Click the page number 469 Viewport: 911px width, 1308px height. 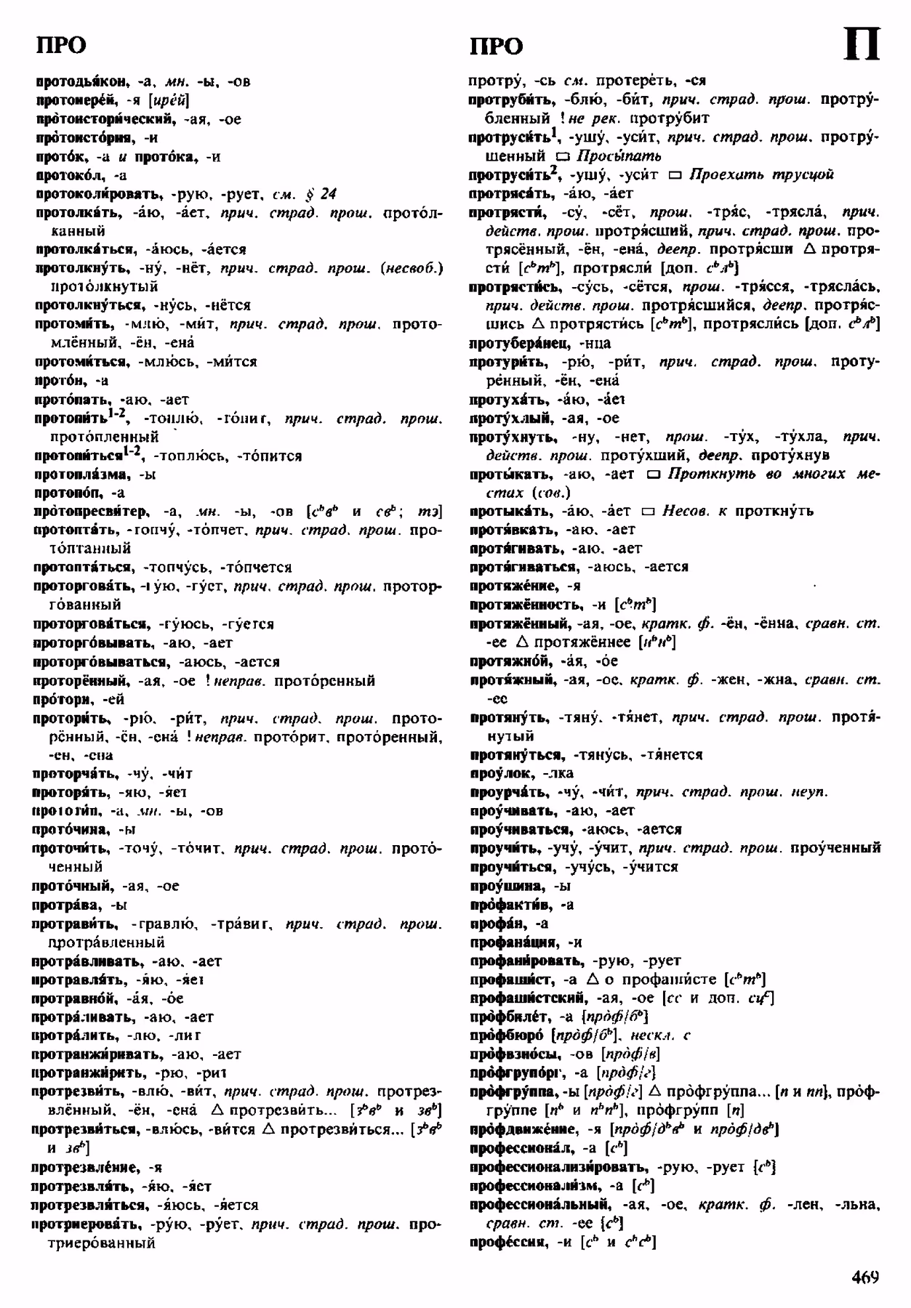click(862, 1277)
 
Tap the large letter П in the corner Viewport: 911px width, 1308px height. click(862, 45)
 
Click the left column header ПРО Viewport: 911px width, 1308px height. click(60, 46)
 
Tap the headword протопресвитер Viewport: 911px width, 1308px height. click(90, 512)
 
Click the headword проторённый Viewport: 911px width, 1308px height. click(79, 681)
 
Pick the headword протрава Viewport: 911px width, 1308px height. click(68, 905)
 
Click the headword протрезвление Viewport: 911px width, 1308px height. click(87, 1167)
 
